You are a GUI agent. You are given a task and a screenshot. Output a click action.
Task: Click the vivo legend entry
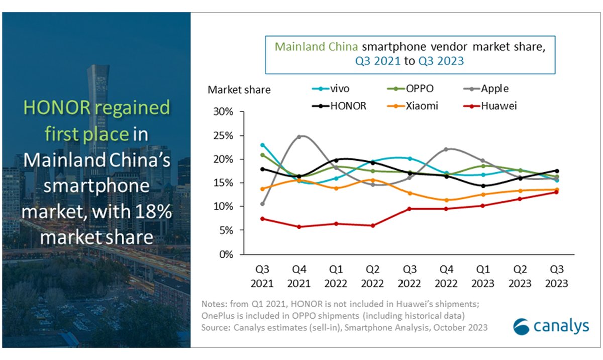coord(331,89)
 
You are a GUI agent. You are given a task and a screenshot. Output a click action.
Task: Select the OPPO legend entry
coord(410,89)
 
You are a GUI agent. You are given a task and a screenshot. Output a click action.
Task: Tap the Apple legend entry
coord(486,89)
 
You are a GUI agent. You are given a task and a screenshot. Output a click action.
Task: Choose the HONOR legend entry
coord(339,106)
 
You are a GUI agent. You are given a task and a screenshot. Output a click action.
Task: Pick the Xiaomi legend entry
coord(413,106)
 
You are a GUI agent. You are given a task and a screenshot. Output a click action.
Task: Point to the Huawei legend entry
coord(490,106)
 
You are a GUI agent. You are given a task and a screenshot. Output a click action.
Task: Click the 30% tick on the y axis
coord(223,111)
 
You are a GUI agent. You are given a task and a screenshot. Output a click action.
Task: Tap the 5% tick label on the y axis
coord(226,230)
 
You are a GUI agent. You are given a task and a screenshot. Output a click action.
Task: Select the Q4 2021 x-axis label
coord(299,276)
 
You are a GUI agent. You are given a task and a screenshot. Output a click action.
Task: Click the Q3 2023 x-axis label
coord(556,276)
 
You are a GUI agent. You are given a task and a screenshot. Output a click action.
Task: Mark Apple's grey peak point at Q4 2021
coord(299,137)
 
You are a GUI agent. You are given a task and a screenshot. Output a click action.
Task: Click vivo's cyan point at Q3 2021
coord(262,145)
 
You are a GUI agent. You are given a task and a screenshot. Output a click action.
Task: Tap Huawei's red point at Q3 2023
coord(556,192)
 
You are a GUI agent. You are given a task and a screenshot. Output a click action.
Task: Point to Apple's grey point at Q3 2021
coord(262,204)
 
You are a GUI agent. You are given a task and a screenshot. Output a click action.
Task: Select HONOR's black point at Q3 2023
coord(557,171)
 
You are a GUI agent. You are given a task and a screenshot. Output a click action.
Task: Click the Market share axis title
coord(239,90)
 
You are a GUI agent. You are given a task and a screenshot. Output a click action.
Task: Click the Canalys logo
coord(551,327)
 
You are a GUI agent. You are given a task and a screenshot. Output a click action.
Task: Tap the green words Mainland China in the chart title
coord(316,47)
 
